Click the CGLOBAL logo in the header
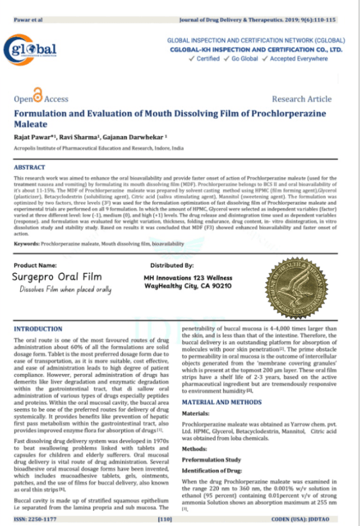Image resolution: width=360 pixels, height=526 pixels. [31, 50]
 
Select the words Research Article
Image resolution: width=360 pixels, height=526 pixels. [302, 99]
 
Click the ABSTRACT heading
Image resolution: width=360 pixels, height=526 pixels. [29, 168]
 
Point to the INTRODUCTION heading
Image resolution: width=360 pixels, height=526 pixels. [38, 329]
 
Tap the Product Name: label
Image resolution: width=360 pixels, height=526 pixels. [35, 265]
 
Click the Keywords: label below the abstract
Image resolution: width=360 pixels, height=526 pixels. [26, 244]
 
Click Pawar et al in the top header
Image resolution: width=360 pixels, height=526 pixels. [28, 20]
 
